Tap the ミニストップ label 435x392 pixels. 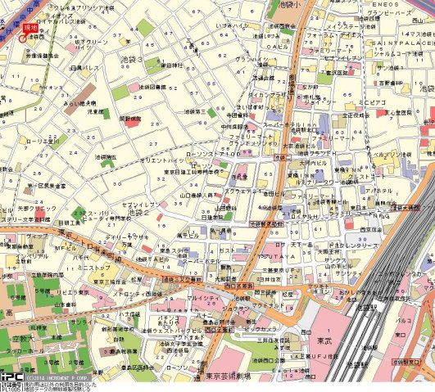[x=94, y=268]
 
